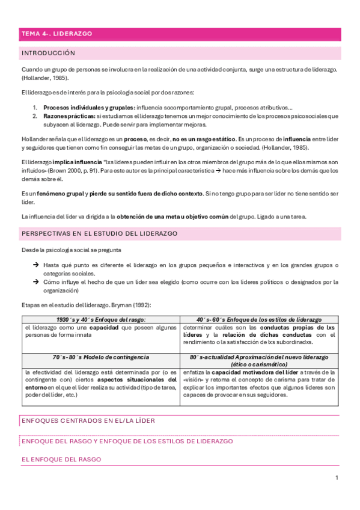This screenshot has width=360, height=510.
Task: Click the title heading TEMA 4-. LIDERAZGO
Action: [x=56, y=34]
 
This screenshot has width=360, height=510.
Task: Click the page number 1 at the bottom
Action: [x=337, y=478]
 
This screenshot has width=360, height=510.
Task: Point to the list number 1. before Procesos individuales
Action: [x=35, y=107]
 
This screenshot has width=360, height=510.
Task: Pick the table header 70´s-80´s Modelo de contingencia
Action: [x=100, y=357]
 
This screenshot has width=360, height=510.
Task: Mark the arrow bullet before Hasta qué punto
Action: [x=35, y=265]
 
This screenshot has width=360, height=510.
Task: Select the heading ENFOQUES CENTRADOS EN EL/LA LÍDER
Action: [x=88, y=421]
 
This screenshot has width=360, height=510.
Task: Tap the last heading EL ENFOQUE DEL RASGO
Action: [x=61, y=459]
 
